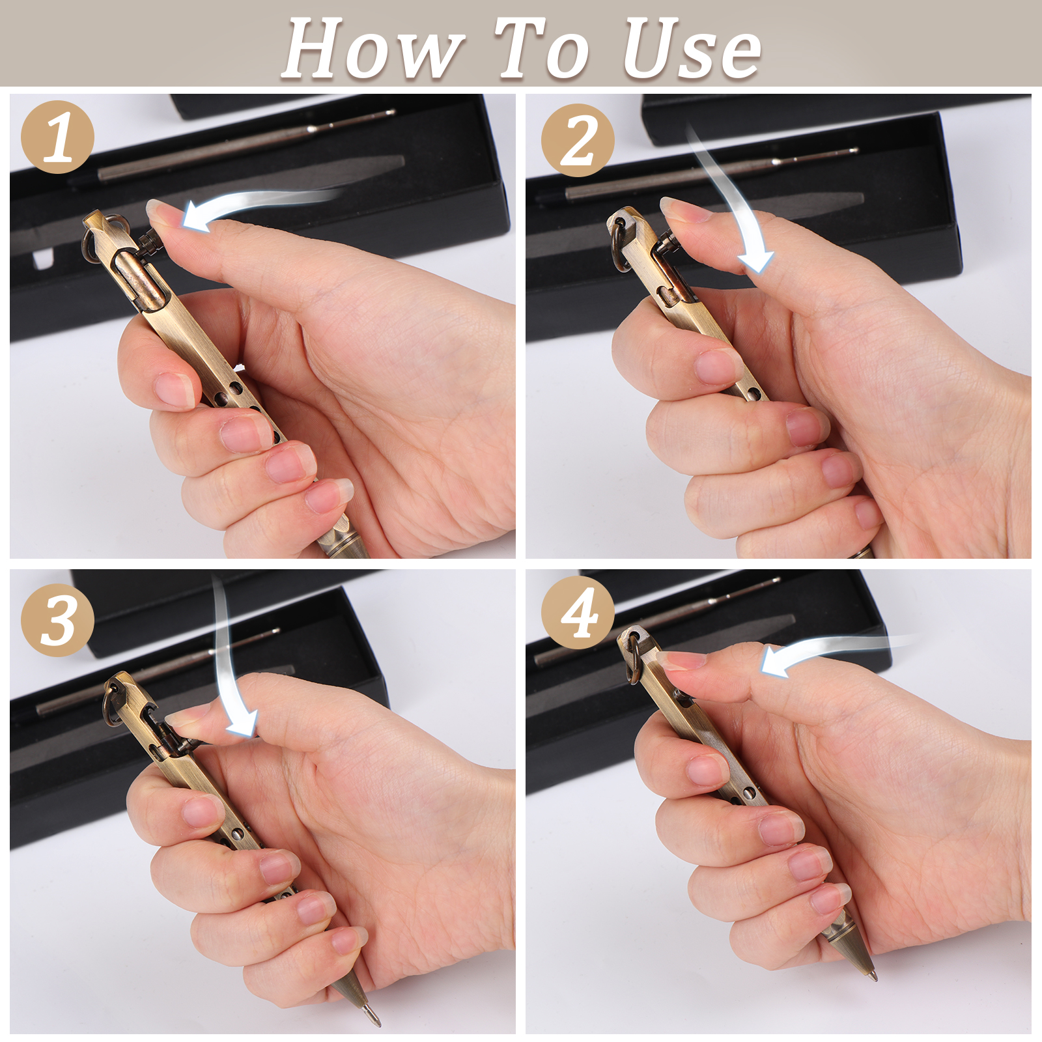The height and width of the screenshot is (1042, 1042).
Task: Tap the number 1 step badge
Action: click(x=58, y=137)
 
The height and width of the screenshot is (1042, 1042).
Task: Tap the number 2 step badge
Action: click(x=578, y=140)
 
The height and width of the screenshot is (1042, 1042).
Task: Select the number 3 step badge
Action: click(x=58, y=619)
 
